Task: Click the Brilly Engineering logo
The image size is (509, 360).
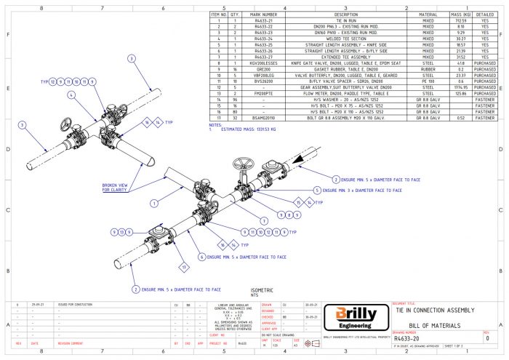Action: (x=356, y=316)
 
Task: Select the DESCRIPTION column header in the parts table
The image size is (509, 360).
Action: (x=346, y=14)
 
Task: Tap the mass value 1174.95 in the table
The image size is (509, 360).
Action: (x=458, y=88)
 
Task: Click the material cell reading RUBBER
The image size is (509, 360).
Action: (x=428, y=70)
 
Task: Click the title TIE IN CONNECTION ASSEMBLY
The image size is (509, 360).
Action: (x=435, y=310)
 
